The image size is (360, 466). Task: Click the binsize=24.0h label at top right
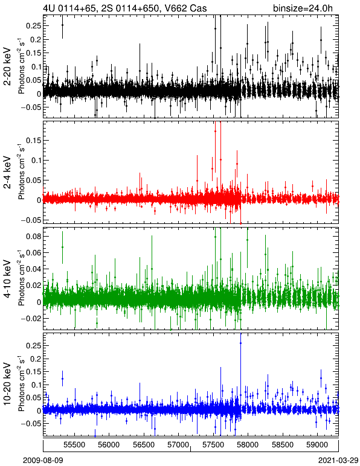303,8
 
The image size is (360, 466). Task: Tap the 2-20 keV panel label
7,66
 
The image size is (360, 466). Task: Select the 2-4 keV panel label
7,173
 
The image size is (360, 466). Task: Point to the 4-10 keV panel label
7,279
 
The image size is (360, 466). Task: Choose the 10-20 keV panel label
7,383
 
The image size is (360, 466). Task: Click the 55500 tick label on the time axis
74,445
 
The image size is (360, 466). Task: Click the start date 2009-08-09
43,461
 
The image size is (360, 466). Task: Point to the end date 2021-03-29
338,461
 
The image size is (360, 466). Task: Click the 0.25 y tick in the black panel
33,25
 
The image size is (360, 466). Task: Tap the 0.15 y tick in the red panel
33,140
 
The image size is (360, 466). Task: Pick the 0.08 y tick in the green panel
33,237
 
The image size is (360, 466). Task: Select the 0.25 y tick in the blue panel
33,346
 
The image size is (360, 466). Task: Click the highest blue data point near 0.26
240,343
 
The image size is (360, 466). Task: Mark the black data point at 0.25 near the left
62,25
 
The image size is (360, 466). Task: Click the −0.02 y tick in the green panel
31,319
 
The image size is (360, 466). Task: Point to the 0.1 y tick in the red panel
35,160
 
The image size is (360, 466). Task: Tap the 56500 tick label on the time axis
144,445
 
